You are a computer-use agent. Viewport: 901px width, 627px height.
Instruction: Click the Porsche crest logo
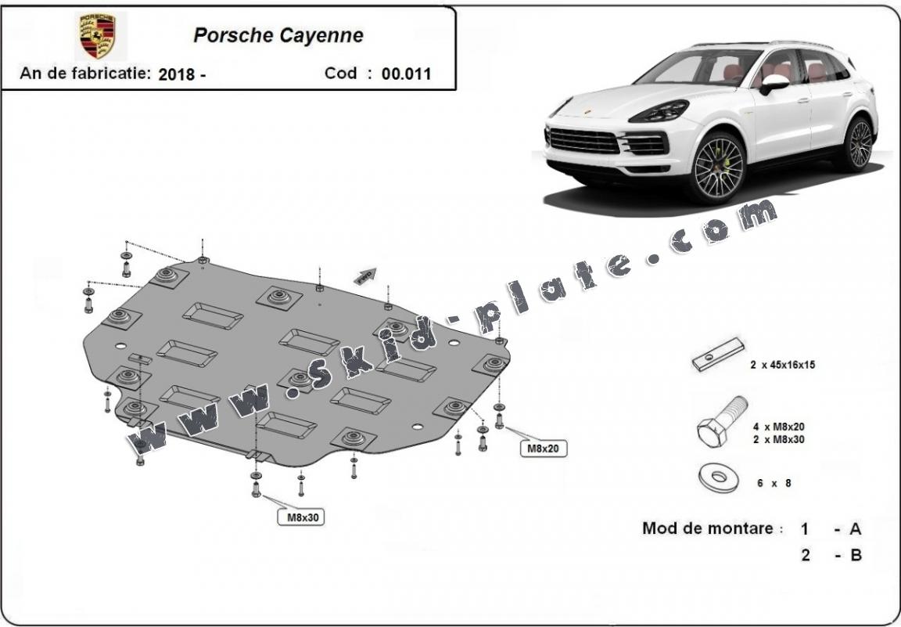[98, 36]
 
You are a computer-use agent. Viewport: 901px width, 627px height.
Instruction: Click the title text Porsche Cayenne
[278, 36]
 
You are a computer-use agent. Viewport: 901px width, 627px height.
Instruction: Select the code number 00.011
[406, 74]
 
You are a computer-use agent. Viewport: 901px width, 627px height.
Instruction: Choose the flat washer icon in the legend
[719, 477]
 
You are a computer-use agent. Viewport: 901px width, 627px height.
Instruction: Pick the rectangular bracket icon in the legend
[718, 355]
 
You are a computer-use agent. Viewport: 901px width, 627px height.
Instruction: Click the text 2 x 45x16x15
[782, 365]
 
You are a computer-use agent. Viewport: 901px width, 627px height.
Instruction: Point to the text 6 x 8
[774, 483]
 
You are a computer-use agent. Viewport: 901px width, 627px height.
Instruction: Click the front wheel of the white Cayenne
[718, 168]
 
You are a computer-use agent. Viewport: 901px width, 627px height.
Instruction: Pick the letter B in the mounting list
[856, 555]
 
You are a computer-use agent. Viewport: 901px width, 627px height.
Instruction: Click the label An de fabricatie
[85, 74]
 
